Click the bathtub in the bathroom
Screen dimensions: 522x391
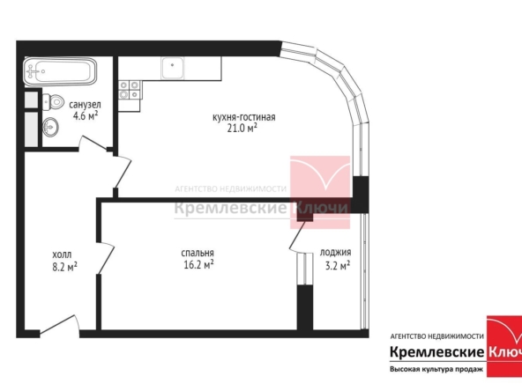(60, 71)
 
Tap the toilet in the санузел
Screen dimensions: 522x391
(53, 102)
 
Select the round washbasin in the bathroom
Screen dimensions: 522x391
(50, 127)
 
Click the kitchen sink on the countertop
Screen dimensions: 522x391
(172, 68)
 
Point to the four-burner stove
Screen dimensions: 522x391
(130, 90)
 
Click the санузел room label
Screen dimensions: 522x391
(85, 105)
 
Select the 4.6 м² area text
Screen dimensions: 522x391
(86, 115)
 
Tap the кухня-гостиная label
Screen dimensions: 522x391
(243, 117)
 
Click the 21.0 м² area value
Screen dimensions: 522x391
(242, 128)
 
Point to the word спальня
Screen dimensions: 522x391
(198, 253)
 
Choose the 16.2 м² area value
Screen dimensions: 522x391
(198, 265)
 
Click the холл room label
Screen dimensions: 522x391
(62, 255)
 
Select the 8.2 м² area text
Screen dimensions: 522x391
(65, 267)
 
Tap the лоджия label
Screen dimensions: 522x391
(336, 253)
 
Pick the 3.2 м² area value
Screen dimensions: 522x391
(338, 266)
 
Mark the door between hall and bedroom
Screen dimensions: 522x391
(106, 258)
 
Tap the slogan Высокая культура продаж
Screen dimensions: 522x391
(436, 369)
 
